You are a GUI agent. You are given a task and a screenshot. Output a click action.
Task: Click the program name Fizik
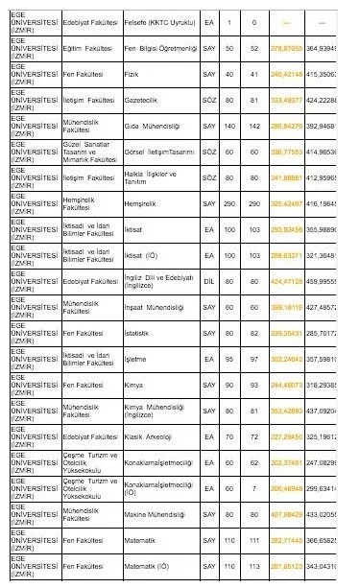134,73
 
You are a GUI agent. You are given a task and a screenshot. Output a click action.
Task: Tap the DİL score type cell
209,280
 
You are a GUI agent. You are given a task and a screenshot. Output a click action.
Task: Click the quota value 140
228,125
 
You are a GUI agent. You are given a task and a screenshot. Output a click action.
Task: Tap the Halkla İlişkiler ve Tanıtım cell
148,176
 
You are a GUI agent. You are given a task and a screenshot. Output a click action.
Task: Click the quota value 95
228,358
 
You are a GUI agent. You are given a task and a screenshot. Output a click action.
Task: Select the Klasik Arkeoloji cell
149,435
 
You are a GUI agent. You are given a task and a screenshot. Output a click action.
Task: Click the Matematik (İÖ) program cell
149,565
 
